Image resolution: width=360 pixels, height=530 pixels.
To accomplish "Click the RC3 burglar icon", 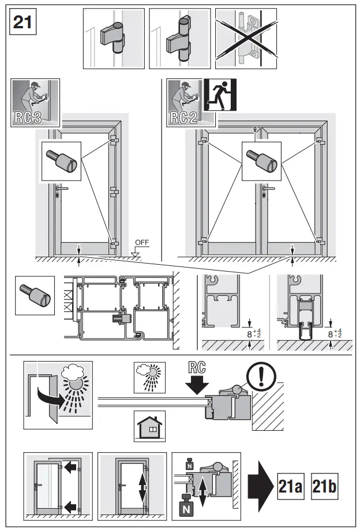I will [35, 103].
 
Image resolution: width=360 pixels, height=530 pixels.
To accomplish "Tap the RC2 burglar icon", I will [190, 103].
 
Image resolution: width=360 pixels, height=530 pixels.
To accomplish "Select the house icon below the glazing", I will [149, 426].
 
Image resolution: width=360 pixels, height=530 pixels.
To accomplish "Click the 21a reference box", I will [290, 487].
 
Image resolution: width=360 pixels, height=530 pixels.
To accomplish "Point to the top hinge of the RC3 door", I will [114, 140].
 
